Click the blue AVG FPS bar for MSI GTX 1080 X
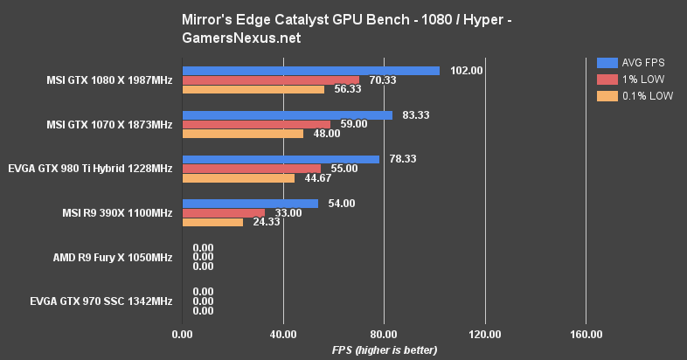(x=310, y=70)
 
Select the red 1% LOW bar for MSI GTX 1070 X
(x=256, y=124)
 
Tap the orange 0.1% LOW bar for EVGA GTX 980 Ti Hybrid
(x=239, y=178)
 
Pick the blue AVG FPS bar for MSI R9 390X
(x=250, y=204)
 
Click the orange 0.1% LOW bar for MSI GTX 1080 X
(x=253, y=89)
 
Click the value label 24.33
(x=264, y=222)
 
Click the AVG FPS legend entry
(x=634, y=62)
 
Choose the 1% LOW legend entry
(x=634, y=80)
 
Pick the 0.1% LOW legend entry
(x=634, y=96)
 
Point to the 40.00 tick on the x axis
(x=283, y=334)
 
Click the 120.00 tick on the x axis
(x=485, y=334)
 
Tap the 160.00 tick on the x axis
(x=586, y=334)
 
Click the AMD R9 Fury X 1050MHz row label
(x=113, y=258)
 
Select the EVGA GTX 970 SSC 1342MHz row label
(x=101, y=301)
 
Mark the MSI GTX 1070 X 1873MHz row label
(x=109, y=125)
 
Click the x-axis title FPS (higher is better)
(x=384, y=350)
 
